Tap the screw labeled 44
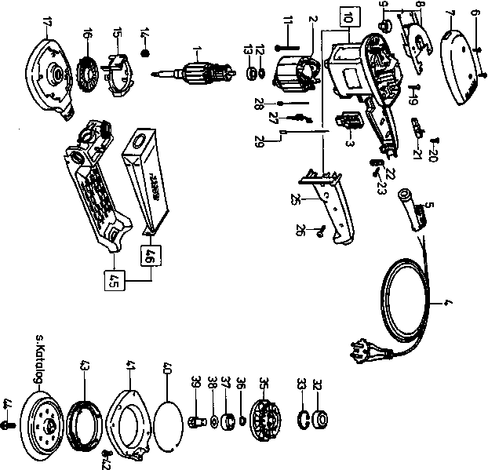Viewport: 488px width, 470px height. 7,424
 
